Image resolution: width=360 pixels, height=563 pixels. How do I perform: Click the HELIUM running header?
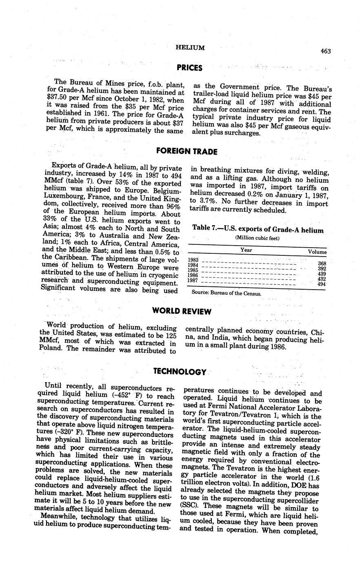click(190, 48)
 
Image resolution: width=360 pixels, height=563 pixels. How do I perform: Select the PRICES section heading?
click(190, 68)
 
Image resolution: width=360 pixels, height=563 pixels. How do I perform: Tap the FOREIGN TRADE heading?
click(187, 151)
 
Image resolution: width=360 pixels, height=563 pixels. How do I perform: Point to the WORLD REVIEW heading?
click(182, 311)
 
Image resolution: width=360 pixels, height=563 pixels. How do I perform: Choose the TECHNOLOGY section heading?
click(180, 372)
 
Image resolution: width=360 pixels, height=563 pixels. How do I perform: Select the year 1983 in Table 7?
click(193, 260)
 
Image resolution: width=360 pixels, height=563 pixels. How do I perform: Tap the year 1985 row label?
click(193, 270)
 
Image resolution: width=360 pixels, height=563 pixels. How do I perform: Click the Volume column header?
click(317, 252)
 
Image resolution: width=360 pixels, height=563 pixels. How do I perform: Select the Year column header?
click(246, 250)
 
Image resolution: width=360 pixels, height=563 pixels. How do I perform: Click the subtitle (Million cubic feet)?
click(257, 238)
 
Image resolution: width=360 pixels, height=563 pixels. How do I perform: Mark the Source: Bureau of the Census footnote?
click(227, 293)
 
